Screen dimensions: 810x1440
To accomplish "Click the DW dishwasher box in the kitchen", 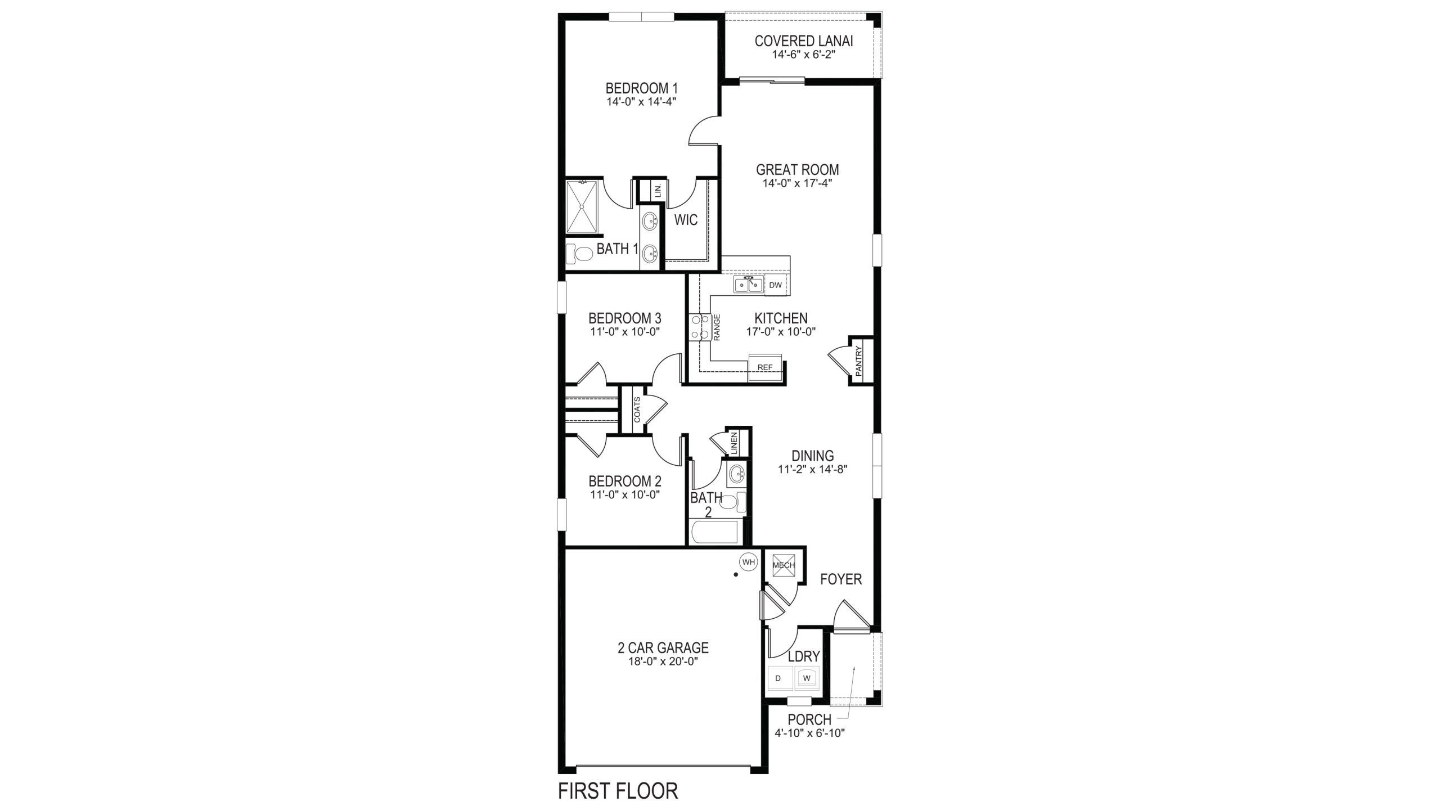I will click(x=776, y=285).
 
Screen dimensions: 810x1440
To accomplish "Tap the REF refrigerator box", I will click(x=765, y=367).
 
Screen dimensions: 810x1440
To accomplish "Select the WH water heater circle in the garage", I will click(x=748, y=561).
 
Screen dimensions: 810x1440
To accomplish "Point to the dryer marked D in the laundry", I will click(x=779, y=678).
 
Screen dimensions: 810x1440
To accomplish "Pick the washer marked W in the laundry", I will click(x=807, y=678).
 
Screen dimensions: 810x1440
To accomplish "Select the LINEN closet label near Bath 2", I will click(x=734, y=443).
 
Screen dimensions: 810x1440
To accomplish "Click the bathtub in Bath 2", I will click(x=714, y=532).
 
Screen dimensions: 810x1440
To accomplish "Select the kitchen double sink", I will click(x=748, y=285).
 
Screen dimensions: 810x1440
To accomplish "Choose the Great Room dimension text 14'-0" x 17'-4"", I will click(x=796, y=183).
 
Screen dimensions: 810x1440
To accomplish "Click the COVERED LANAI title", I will click(x=803, y=41).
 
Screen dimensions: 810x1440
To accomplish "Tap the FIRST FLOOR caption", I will click(x=618, y=790).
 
